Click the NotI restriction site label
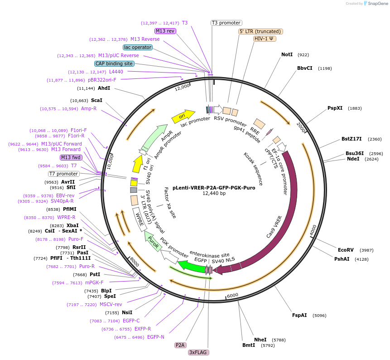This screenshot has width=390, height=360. coord(287,54)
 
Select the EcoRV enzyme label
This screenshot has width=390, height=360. coord(346,250)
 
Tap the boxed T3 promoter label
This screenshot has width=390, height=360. coord(226,23)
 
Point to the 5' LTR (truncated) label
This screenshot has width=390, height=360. coord(261,31)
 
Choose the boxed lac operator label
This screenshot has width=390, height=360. coord(138,47)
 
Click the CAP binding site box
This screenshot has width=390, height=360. coord(114,64)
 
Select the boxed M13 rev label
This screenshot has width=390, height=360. coord(165,31)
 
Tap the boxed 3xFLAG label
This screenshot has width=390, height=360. coord(198,352)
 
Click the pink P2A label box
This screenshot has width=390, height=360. coord(180,345)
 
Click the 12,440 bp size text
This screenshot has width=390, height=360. coord(214,194)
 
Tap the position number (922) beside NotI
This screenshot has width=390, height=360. coord(303,55)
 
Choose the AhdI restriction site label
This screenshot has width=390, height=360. coord(104,88)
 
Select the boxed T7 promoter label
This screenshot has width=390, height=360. coord(64,174)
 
